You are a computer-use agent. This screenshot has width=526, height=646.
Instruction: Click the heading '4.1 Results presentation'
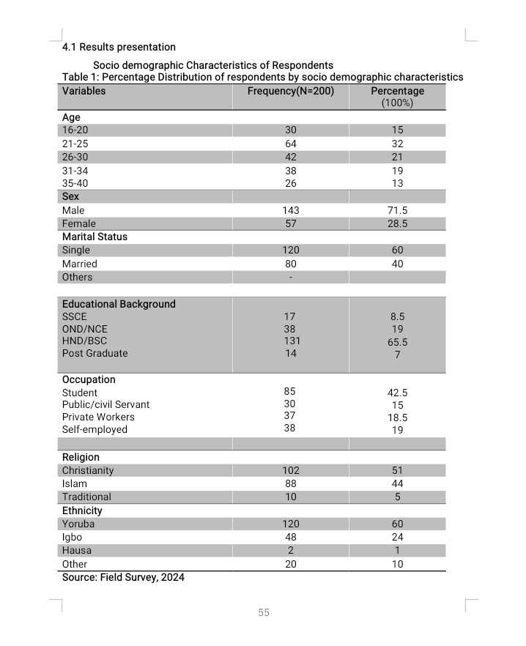(119, 48)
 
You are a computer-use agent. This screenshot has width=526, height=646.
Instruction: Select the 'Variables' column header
(84, 91)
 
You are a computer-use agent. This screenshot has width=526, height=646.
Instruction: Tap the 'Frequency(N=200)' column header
(290, 91)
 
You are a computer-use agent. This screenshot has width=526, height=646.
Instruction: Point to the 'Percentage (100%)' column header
(397, 97)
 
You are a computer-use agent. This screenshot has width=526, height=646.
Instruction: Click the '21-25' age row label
(75, 144)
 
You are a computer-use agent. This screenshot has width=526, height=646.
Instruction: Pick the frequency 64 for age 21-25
(291, 144)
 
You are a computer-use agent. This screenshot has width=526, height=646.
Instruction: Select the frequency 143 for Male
(291, 210)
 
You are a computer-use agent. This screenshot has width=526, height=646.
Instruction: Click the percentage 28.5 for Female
(397, 223)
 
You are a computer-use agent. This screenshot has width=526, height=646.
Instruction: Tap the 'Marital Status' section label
(95, 237)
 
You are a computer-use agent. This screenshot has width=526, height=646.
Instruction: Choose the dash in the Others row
(291, 278)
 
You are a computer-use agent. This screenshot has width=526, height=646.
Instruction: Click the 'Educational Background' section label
(119, 304)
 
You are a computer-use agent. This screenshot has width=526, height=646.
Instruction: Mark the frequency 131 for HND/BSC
(291, 341)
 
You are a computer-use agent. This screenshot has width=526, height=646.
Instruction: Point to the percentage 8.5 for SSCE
(397, 317)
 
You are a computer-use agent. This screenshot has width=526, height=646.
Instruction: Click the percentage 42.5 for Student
(397, 393)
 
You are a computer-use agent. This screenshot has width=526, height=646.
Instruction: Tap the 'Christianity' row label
(88, 470)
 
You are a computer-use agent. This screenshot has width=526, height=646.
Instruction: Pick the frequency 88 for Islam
(291, 483)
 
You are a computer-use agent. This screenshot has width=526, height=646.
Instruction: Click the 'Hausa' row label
(77, 550)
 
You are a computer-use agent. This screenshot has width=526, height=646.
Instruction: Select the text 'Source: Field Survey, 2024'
(123, 577)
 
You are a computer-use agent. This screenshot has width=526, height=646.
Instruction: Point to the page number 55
(264, 612)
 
